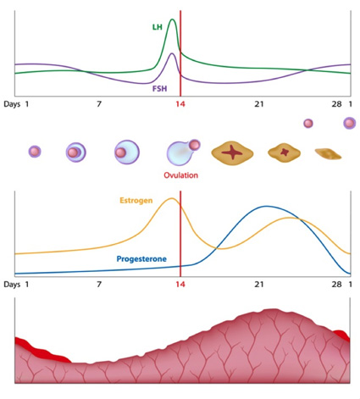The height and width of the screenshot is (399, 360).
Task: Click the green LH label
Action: pyautogui.click(x=157, y=27)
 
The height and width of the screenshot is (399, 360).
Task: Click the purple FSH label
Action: pyautogui.click(x=159, y=87)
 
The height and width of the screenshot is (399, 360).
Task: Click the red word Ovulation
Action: pyautogui.click(x=180, y=175)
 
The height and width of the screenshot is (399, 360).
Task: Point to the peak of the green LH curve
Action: pyautogui.click(x=173, y=19)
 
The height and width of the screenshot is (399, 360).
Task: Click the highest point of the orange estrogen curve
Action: pyautogui.click(x=172, y=198)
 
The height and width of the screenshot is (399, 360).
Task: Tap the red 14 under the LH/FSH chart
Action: pyautogui.click(x=180, y=103)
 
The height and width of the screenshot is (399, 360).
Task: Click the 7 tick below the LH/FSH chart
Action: pyautogui.click(x=99, y=103)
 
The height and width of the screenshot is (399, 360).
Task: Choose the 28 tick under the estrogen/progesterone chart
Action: pyautogui.click(x=336, y=285)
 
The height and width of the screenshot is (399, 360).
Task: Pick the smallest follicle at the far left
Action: pyautogui.click(x=35, y=152)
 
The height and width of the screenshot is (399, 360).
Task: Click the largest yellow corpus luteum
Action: pyautogui.click(x=230, y=152)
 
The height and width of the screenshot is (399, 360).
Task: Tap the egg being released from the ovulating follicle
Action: pyautogui.click(x=195, y=145)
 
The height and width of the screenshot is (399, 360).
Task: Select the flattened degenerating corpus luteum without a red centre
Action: pyautogui.click(x=328, y=154)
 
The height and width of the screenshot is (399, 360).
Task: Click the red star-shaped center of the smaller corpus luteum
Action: pyautogui.click(x=285, y=153)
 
